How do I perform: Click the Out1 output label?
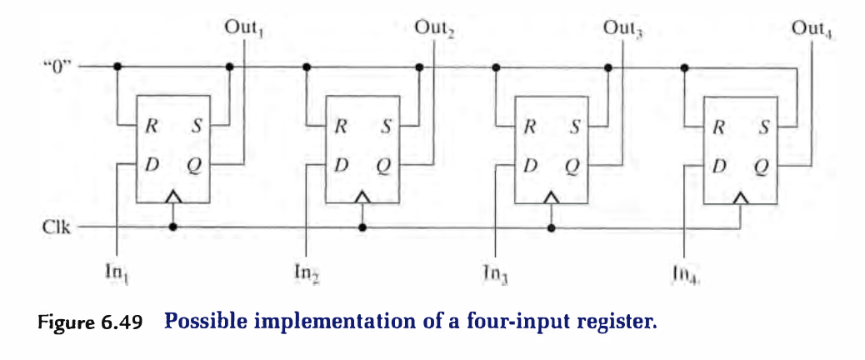click(x=244, y=27)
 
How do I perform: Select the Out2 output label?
click(x=433, y=27)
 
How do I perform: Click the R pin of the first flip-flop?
click(x=151, y=127)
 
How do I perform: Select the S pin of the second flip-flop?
click(x=385, y=127)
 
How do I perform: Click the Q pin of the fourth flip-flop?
click(x=761, y=165)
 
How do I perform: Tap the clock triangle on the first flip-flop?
click(x=172, y=197)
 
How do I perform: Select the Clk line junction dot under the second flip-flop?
click(x=362, y=226)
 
